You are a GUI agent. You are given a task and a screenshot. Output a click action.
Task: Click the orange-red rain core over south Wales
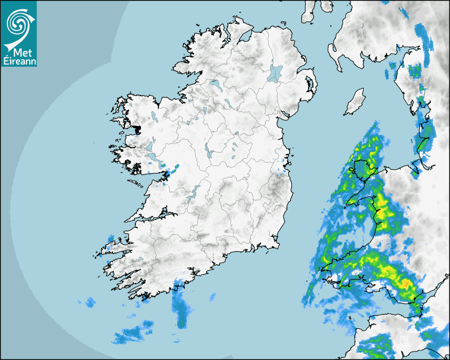407,285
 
